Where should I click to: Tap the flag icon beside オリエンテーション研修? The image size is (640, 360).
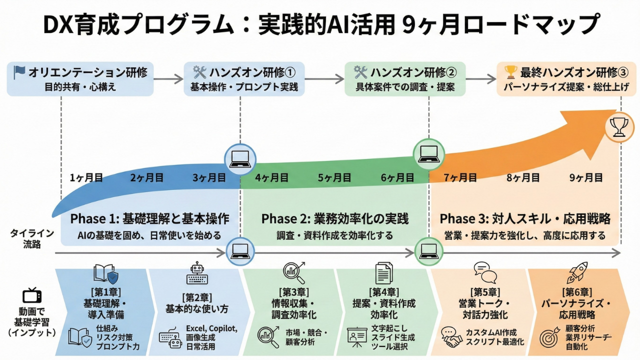(19, 72)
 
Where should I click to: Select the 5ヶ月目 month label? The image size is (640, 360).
(334, 177)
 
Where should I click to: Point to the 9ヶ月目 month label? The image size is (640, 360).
(586, 177)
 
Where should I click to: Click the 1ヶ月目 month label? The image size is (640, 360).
(86, 177)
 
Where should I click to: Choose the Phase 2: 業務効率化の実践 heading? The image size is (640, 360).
(334, 219)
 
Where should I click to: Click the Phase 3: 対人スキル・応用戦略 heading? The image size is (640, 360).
(525, 219)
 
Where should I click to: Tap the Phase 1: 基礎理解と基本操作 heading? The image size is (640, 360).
(149, 219)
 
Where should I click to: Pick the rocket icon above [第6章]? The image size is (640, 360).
(577, 273)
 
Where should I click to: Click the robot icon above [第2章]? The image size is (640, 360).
(196, 273)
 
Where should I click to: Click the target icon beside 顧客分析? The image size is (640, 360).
(549, 337)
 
